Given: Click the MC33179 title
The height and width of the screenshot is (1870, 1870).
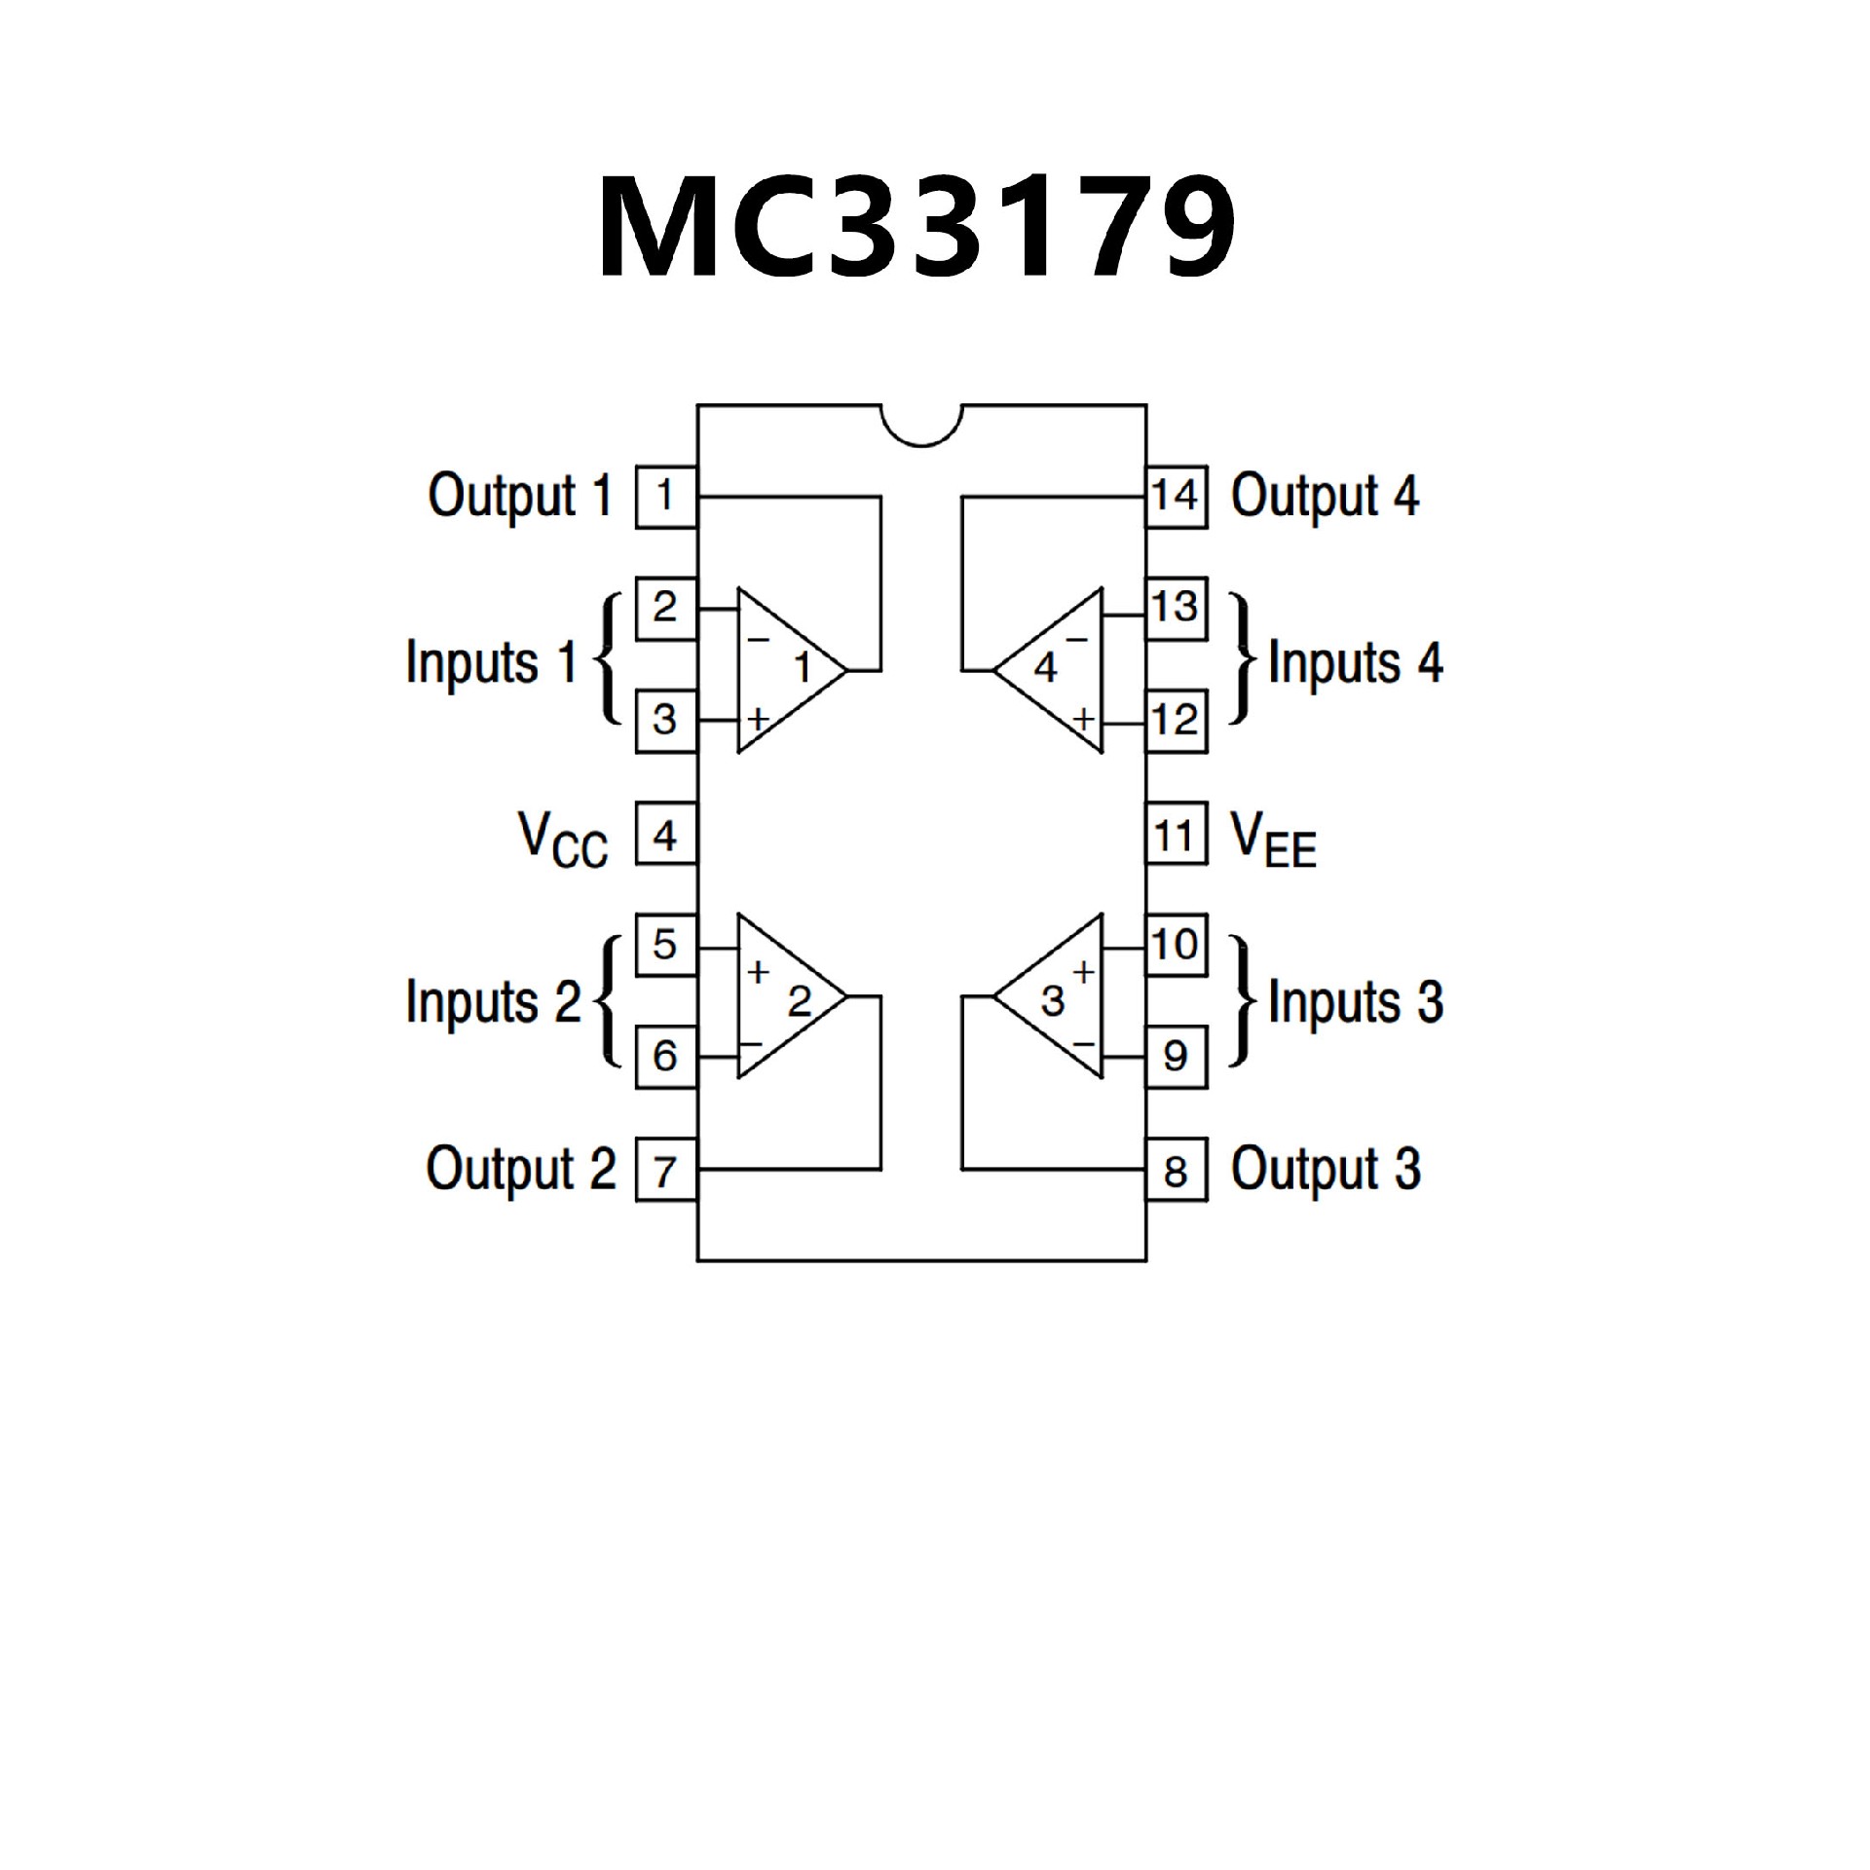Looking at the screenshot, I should coord(916,228).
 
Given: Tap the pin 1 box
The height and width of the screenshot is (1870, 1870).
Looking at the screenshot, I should coord(666,497).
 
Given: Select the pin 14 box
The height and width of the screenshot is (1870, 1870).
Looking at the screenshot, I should coord(1176,497).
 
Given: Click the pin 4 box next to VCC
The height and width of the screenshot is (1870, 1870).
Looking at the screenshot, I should coord(666,834).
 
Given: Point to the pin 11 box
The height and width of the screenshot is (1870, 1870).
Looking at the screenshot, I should coord(1176,834).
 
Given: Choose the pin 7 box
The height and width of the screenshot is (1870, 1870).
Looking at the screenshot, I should coord(666,1170).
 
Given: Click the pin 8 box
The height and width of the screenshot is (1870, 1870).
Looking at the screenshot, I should coord(1176,1170).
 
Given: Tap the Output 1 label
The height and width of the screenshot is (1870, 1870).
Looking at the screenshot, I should coord(520,497).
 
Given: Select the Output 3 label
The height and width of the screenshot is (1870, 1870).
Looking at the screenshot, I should coord(1325,1170).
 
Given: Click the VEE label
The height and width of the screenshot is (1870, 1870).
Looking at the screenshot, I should coord(1273,840).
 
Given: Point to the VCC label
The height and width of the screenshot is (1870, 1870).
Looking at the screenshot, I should coord(563,840).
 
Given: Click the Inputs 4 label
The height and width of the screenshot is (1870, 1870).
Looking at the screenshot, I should coord(1355,664).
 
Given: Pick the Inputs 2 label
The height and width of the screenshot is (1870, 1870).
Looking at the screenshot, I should coord(492,1001).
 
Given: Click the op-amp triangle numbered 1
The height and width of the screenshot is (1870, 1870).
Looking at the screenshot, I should coord(784,670).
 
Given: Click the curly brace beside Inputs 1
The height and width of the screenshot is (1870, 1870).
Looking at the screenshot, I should coord(607,660).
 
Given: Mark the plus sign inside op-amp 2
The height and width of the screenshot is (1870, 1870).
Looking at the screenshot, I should coord(759,970).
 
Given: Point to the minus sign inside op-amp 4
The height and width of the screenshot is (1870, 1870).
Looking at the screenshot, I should coord(1076,640).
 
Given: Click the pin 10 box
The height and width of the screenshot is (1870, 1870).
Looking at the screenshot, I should coord(1176,945).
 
